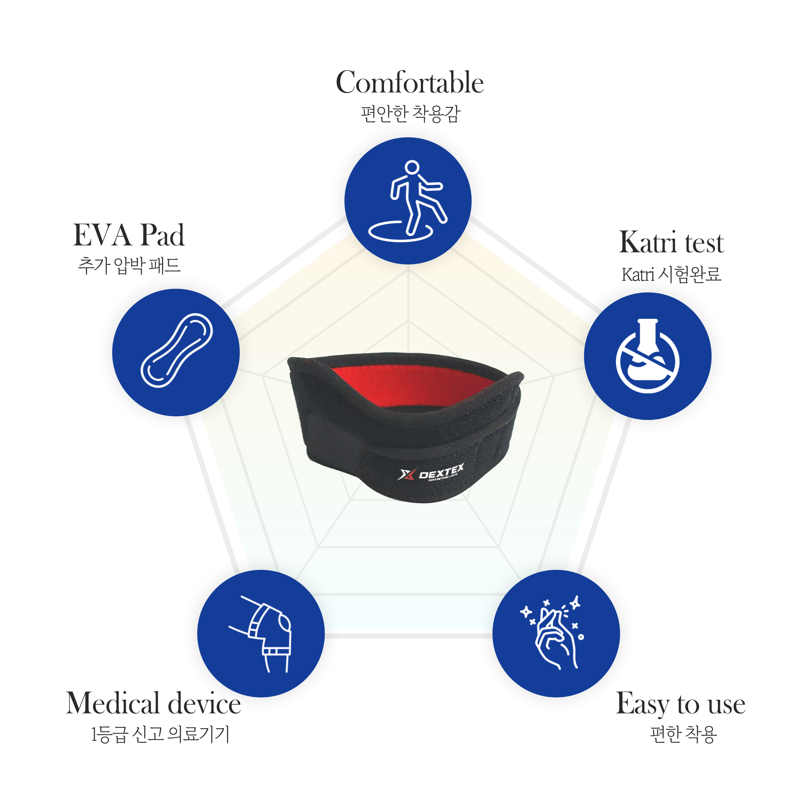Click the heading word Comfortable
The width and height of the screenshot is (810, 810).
(x=409, y=82)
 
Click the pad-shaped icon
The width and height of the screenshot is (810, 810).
(x=177, y=350)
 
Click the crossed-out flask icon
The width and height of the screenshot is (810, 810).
(x=647, y=356)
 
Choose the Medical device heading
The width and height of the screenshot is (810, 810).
(x=153, y=703)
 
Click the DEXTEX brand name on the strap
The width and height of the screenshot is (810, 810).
(x=441, y=472)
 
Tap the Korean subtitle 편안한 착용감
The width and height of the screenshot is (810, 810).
(x=410, y=114)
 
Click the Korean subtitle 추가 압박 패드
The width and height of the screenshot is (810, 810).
(x=129, y=265)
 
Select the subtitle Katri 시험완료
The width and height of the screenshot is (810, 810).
(x=671, y=274)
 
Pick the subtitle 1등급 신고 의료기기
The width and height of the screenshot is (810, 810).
(x=160, y=734)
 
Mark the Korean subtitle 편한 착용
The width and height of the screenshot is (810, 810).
(x=683, y=734)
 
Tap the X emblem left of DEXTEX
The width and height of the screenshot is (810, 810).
(x=406, y=475)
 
